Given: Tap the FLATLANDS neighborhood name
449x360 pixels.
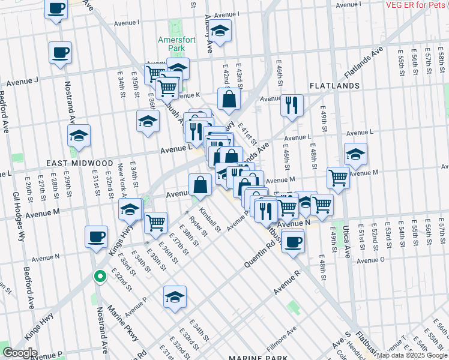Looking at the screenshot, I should click(334, 86).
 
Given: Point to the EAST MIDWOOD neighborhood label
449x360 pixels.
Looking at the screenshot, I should click(80, 163).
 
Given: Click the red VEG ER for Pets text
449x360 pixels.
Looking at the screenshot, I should click(414, 5).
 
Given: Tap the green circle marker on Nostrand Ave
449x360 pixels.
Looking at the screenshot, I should click(100, 277).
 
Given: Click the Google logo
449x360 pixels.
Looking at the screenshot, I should click(19, 353).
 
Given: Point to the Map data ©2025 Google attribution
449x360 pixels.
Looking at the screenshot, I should click(412, 356).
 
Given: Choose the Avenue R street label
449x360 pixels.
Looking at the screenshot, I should click(286, 282).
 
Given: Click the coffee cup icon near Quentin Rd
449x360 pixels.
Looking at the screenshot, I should click(292, 242).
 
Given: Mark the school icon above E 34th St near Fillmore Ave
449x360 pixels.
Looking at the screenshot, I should click(175, 296).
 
